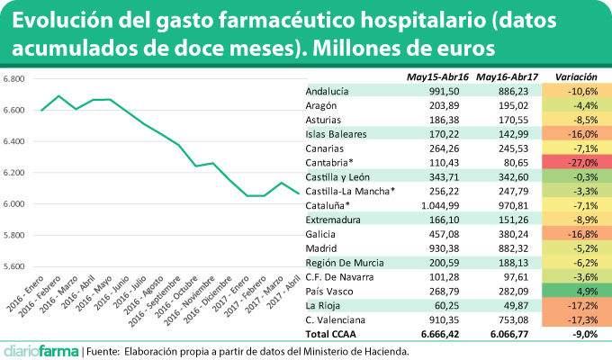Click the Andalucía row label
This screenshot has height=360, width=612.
328,91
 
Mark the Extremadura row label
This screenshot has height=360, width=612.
334,220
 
